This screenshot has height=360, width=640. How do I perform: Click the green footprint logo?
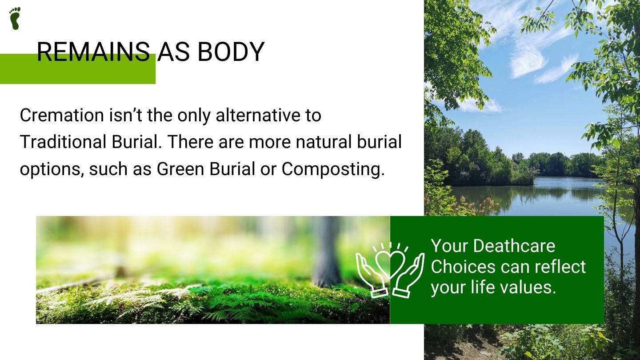[x=15, y=18]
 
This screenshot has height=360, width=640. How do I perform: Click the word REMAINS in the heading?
[x=93, y=52]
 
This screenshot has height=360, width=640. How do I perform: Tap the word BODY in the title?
[x=231, y=52]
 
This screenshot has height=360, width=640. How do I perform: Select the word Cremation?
[x=62, y=115]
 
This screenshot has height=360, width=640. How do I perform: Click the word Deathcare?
[x=514, y=246]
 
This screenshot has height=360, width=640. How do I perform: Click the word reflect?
[x=560, y=266]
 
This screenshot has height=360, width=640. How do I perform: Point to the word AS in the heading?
[x=173, y=52]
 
